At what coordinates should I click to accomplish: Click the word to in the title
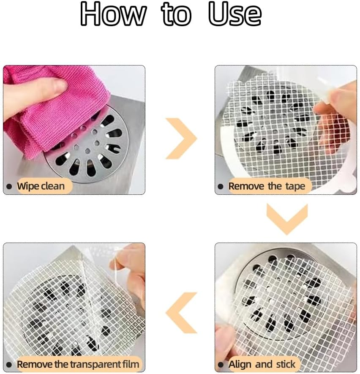tap(176, 15)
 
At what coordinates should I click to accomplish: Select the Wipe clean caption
tap(41, 186)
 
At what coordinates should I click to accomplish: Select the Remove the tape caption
tap(267, 186)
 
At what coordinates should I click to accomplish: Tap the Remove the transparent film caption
tap(78, 364)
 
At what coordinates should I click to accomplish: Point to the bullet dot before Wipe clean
tap(9, 186)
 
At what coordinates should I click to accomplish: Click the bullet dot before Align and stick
tap(221, 364)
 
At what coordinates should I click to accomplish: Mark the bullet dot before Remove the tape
tap(221, 186)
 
